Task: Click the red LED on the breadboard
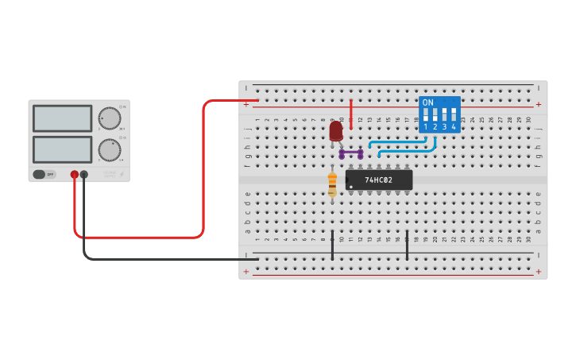coord(336,130)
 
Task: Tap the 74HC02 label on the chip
coord(379,180)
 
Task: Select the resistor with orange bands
coord(332,184)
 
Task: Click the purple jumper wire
coord(351,152)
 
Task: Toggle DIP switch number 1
coord(426,115)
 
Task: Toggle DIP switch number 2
coord(435,115)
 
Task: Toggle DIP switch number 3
coord(445,115)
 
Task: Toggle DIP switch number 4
coord(454,115)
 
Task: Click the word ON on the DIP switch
coord(428,103)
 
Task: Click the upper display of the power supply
coord(62,118)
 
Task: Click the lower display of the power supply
coord(62,149)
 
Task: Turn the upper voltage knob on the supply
coord(109,118)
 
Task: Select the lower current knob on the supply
coord(109,149)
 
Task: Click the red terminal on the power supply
coord(75,174)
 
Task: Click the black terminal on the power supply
coord(84,174)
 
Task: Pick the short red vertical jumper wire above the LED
coord(351,114)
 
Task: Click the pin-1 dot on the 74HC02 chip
coord(350,187)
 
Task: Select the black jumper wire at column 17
coord(407,246)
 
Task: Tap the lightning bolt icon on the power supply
coord(122,174)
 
